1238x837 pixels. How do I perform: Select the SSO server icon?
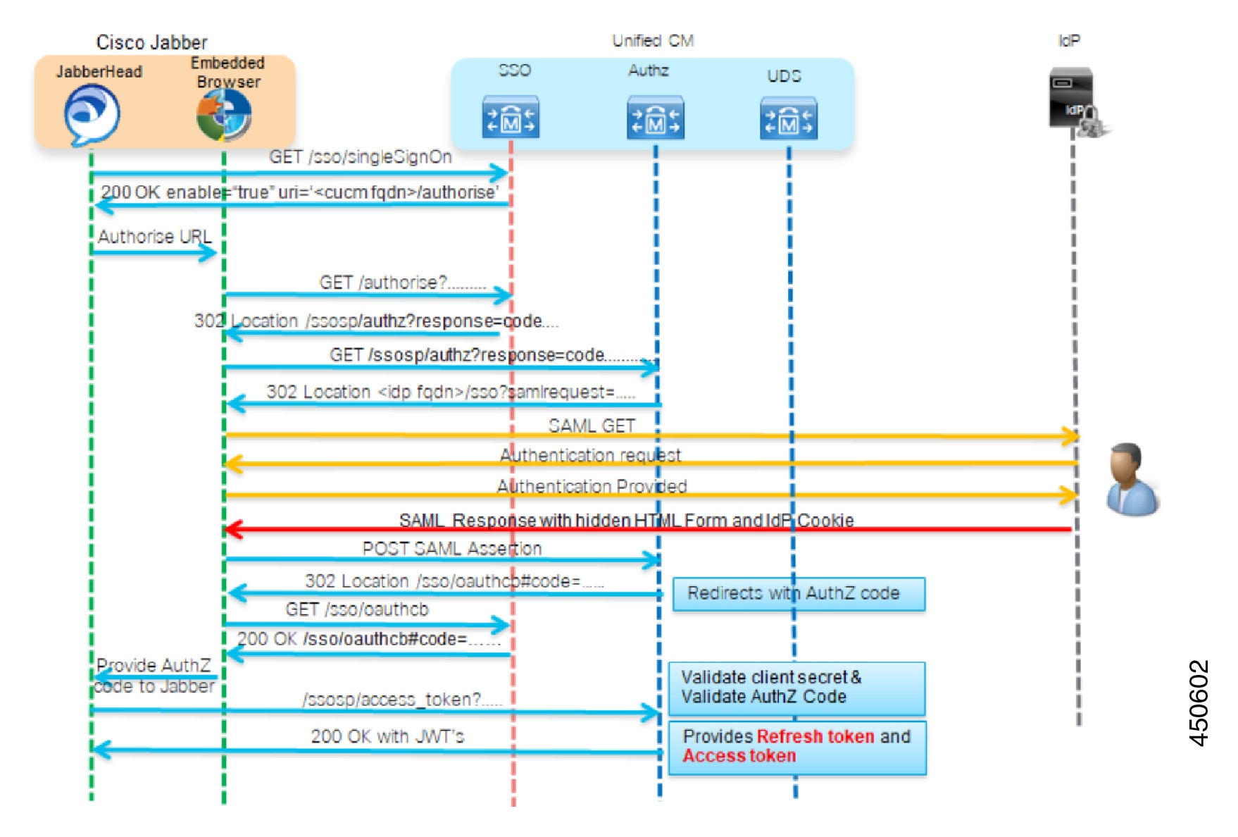[511, 117]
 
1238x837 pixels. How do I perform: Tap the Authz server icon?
[655, 118]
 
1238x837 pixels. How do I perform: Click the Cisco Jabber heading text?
[151, 42]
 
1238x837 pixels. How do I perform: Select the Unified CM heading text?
[653, 41]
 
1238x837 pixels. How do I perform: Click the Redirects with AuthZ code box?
[799, 594]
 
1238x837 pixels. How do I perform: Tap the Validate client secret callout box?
[796, 688]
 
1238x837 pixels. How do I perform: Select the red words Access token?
[739, 756]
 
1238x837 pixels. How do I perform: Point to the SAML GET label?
[592, 426]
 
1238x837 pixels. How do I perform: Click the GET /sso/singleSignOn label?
[360, 157]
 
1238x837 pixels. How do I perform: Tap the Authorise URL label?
[154, 237]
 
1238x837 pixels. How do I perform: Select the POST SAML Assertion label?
[451, 548]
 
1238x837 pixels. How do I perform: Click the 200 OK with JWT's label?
[387, 736]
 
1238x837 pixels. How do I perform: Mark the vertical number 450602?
[1198, 702]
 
